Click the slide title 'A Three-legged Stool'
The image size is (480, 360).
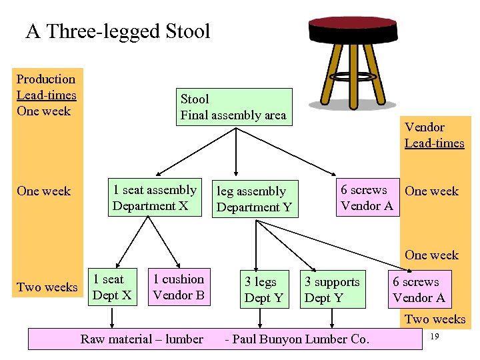pyautogui.click(x=117, y=31)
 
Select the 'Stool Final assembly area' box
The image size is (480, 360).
pyautogui.click(x=233, y=107)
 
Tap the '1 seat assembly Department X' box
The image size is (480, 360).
pyautogui.click(x=154, y=198)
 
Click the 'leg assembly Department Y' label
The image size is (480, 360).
pyautogui.click(x=254, y=199)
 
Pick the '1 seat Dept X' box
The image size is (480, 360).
pyautogui.click(x=112, y=287)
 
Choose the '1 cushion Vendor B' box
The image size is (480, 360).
pyautogui.click(x=179, y=287)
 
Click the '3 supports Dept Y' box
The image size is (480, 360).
pyautogui.click(x=332, y=290)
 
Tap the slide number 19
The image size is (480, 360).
pyautogui.click(x=434, y=338)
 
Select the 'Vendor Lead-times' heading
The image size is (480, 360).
pyautogui.click(x=434, y=135)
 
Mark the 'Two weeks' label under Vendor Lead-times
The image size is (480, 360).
pyautogui.click(x=435, y=319)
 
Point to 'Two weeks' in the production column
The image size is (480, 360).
pyautogui.click(x=47, y=287)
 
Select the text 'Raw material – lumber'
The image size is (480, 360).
pyautogui.click(x=142, y=339)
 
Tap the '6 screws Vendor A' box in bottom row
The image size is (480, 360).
pyautogui.click(x=419, y=290)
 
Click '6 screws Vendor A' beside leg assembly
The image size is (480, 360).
pyautogui.click(x=367, y=198)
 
